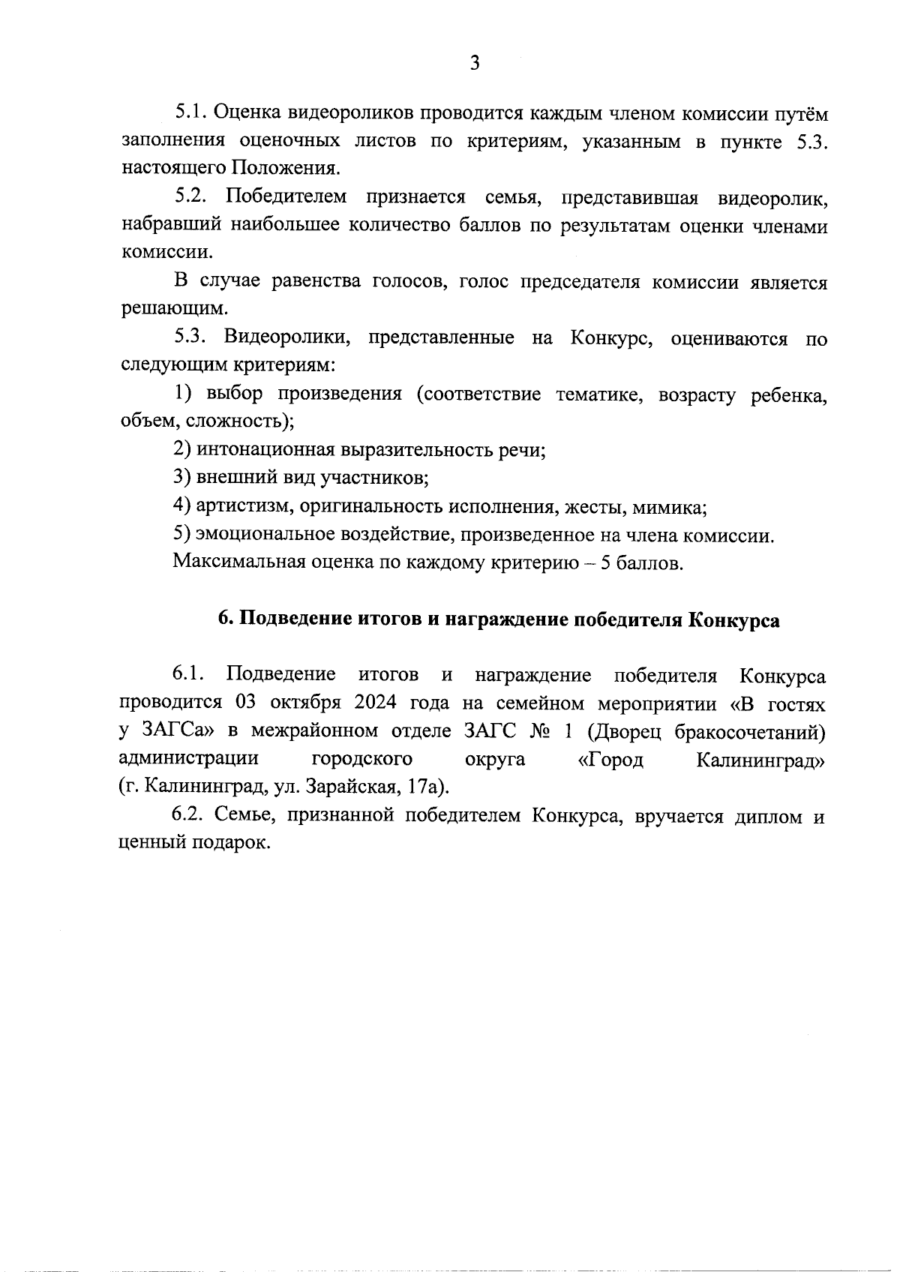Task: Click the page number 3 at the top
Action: coord(474,63)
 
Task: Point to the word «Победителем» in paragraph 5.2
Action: coord(286,197)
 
